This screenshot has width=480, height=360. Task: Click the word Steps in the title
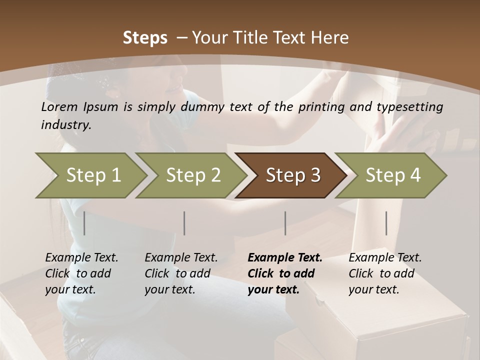(x=145, y=38)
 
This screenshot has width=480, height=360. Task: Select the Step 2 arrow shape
(x=193, y=175)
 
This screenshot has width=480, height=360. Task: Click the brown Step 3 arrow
(x=293, y=175)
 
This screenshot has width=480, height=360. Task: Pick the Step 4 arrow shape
(x=393, y=175)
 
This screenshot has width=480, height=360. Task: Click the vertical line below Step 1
(x=84, y=223)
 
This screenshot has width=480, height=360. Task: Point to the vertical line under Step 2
(x=184, y=223)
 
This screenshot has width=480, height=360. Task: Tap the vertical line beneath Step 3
(x=285, y=223)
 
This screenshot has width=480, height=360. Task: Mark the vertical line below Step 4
(x=386, y=223)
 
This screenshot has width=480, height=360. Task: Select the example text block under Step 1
(x=81, y=273)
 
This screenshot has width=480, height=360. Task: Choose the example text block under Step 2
(x=181, y=273)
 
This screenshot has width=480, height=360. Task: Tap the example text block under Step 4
(x=385, y=273)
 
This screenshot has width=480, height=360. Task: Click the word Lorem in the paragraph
(x=59, y=106)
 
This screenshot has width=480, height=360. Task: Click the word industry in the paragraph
(x=66, y=125)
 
